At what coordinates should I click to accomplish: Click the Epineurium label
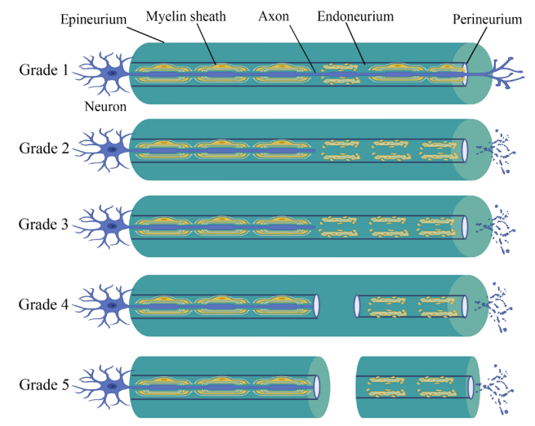tap(93, 20)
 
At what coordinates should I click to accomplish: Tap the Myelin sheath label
tap(186, 16)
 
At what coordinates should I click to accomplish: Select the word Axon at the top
tap(274, 16)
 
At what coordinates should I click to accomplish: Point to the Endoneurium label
tap(355, 16)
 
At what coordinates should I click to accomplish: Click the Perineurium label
tap(488, 20)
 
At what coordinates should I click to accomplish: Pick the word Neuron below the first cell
tap(105, 107)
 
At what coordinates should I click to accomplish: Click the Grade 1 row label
tap(43, 70)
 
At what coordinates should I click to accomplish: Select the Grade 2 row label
tap(44, 149)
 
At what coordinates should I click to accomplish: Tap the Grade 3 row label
tap(43, 224)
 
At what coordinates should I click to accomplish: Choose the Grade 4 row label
tap(43, 304)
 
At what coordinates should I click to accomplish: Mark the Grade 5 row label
tap(44, 384)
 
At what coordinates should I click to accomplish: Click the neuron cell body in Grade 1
tap(112, 73)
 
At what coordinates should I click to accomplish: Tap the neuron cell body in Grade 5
tap(112, 386)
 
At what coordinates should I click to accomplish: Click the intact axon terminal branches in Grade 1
tap(506, 73)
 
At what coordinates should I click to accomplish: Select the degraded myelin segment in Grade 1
tap(340, 73)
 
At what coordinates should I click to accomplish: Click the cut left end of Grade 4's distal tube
tap(357, 306)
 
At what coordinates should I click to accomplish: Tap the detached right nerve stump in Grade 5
tap(418, 387)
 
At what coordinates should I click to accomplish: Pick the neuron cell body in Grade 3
tap(112, 226)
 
